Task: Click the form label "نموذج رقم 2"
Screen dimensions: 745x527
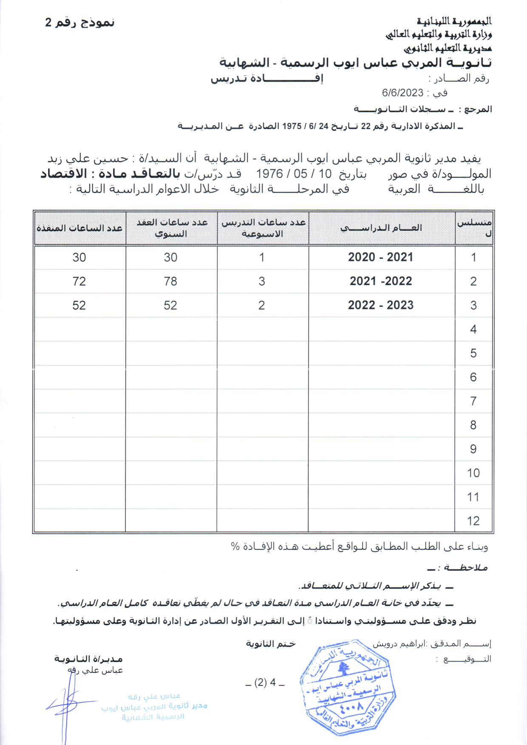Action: tap(80, 23)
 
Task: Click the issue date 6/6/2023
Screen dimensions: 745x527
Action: tap(402, 93)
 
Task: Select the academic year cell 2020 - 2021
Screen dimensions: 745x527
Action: tap(380, 257)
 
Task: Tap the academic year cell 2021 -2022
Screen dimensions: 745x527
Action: tap(381, 281)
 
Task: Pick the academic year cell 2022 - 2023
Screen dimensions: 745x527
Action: tap(380, 305)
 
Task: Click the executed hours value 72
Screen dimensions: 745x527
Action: tap(79, 281)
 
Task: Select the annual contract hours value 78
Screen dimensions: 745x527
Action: tap(170, 281)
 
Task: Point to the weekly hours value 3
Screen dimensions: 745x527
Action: tap(262, 281)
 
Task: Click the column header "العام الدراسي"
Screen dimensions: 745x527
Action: tap(381, 228)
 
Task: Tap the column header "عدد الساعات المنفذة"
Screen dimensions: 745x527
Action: tap(79, 228)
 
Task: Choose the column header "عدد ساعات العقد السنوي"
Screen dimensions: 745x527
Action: tap(171, 228)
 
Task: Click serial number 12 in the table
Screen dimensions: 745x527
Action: tap(473, 521)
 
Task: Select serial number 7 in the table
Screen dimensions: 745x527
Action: tap(473, 401)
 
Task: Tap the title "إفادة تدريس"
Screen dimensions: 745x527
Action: tap(267, 79)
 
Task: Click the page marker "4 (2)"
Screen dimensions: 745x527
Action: tap(265, 683)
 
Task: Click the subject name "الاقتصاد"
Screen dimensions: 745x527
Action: tap(63, 173)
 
